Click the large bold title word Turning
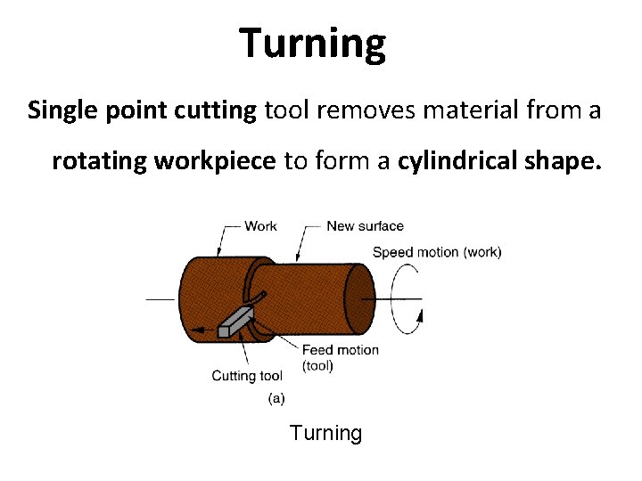(313, 43)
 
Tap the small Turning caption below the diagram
(325, 434)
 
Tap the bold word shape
(561, 162)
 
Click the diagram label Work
(260, 226)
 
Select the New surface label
(365, 226)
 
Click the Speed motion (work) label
(437, 252)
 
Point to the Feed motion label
(340, 350)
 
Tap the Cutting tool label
(247, 376)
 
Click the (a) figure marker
(276, 399)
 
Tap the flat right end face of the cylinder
(358, 298)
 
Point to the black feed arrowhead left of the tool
(198, 331)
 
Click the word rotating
(99, 162)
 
